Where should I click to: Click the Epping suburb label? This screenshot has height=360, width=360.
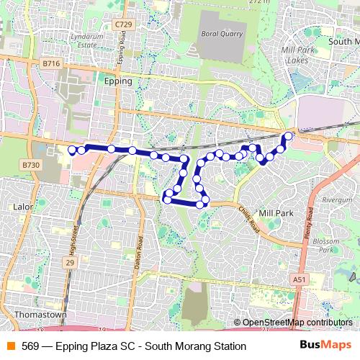pos(118,81)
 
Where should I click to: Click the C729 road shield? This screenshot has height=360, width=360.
pos(124,24)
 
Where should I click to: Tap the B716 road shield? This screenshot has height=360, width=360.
pos(51,63)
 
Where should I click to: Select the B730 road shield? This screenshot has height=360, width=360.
pos(30,165)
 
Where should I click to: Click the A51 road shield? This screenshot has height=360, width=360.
pos(300,279)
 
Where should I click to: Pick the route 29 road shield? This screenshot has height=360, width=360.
pos(70,263)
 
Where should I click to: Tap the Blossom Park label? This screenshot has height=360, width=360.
pos(327,245)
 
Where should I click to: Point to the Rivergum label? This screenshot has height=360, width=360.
pos(337,199)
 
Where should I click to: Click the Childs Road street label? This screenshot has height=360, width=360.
pos(246,217)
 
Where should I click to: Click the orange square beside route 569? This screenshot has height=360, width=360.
pos(10,346)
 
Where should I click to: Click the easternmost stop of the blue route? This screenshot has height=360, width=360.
pos(289,135)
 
